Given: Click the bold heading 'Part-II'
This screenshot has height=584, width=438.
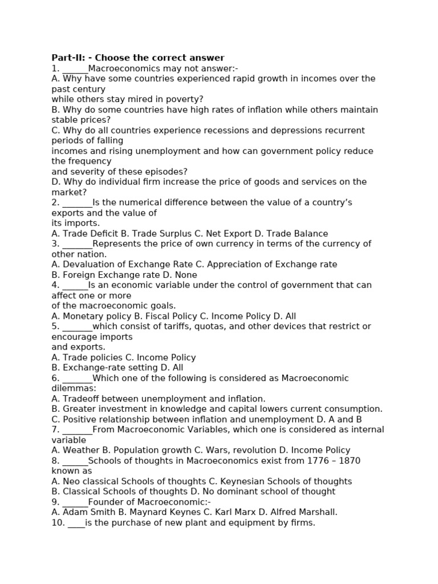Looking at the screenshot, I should point(68,58).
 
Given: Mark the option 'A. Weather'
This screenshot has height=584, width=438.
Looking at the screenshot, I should point(75,451).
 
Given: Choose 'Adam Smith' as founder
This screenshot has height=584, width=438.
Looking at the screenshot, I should point(83,512).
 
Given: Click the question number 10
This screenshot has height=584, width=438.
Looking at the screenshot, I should point(58,522).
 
